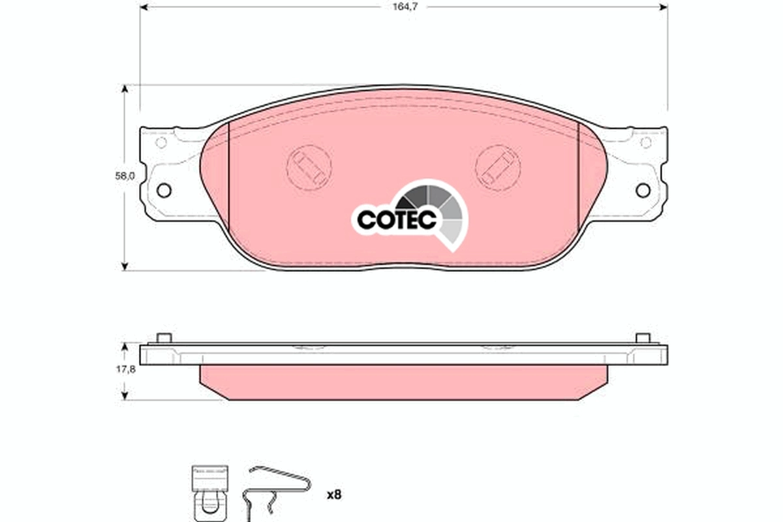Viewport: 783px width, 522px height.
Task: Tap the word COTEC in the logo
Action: point(396,220)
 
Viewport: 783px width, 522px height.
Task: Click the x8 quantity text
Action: point(334,495)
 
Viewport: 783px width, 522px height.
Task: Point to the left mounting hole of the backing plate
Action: point(164,190)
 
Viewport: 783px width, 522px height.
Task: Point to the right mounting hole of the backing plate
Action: point(643,190)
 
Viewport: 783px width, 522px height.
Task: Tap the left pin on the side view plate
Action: point(164,338)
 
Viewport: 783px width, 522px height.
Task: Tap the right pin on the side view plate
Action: point(643,338)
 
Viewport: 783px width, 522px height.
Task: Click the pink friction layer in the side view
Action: point(403,377)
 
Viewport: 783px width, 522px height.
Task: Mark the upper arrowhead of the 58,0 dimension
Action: point(125,89)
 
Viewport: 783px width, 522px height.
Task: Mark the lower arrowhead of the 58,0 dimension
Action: point(125,266)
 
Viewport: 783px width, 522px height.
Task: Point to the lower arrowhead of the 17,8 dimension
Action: point(125,394)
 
